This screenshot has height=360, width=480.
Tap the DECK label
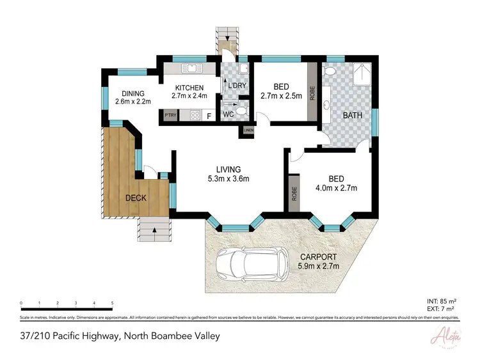tap(135, 198)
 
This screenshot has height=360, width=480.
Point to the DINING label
tap(130, 93)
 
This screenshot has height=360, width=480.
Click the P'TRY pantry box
tap(170, 116)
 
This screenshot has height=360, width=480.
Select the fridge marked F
tap(209, 116)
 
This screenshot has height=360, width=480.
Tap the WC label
tap(228, 115)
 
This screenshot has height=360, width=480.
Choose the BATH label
tap(353, 116)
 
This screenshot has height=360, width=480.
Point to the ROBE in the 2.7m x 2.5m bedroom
tap(312, 94)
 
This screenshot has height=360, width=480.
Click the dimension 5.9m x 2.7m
tap(317, 266)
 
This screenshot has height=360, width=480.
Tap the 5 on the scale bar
tap(112, 303)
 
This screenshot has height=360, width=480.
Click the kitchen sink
tap(191, 67)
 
